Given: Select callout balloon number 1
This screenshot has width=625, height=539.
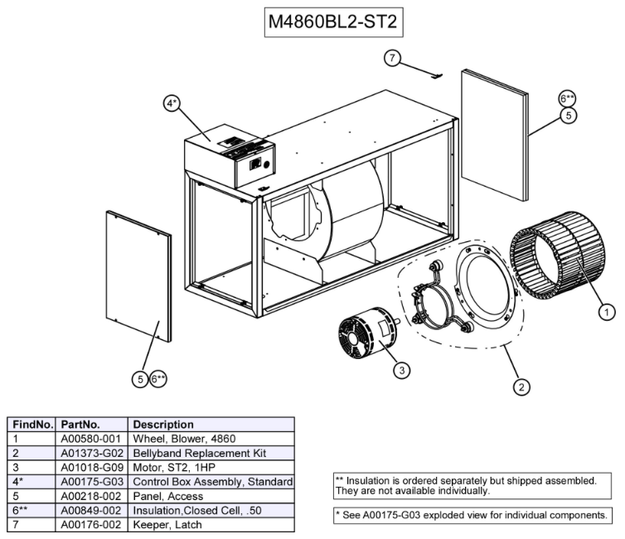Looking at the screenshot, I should click(x=607, y=312).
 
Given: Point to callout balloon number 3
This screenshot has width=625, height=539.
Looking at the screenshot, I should click(x=401, y=370).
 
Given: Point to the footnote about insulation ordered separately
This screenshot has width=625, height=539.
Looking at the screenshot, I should click(x=471, y=485).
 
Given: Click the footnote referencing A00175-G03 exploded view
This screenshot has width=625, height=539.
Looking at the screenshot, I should click(x=471, y=515).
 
